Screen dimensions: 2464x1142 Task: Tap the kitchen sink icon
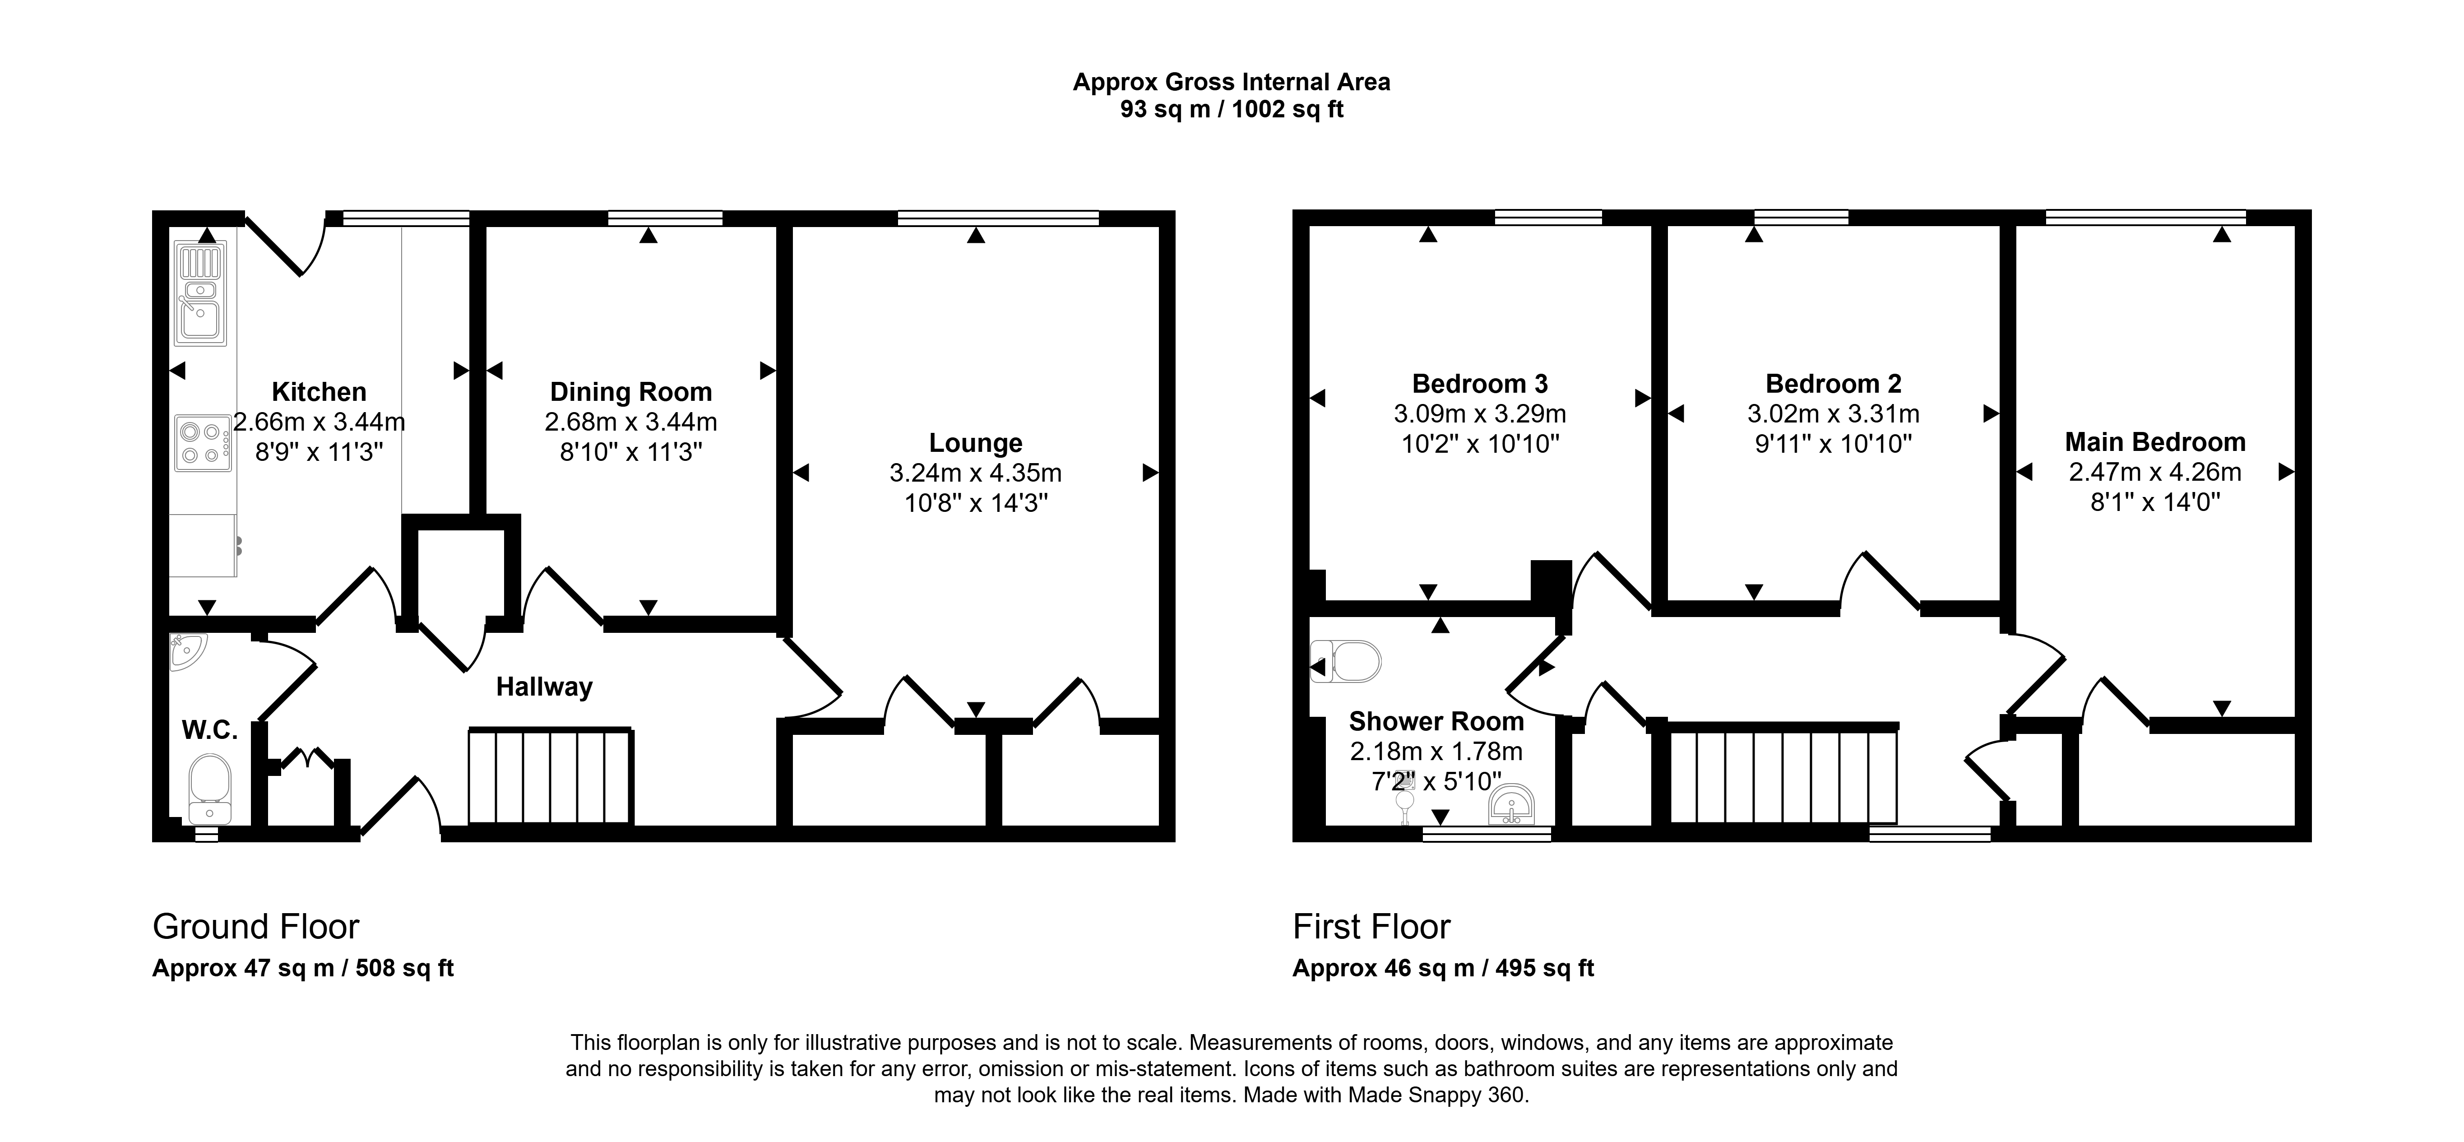(201, 294)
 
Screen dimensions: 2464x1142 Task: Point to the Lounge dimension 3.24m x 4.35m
(976, 473)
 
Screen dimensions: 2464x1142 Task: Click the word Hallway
(544, 687)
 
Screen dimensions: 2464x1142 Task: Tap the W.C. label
(209, 731)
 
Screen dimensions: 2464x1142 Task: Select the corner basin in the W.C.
(185, 650)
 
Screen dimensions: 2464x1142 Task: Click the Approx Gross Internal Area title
(1231, 82)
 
